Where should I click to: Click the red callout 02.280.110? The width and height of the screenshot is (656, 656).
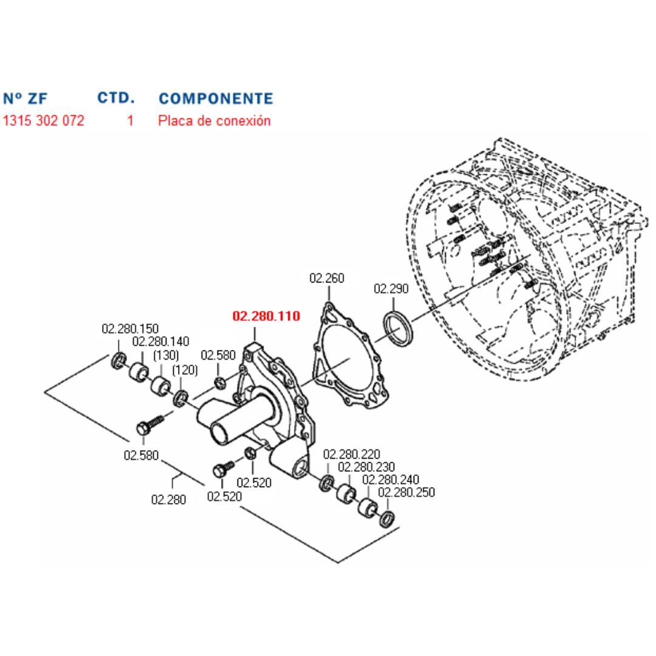tap(266, 316)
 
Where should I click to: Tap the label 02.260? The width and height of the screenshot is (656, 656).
tap(327, 279)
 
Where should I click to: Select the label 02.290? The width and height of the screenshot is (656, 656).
tap(391, 289)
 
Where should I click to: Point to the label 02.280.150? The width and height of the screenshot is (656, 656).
tap(130, 329)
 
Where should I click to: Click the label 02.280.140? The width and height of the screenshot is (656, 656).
tap(160, 342)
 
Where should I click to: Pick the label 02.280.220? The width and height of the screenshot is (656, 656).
tap(352, 454)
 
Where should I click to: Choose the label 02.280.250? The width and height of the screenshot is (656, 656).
tap(406, 492)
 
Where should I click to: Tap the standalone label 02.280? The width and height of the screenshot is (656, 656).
tap(169, 499)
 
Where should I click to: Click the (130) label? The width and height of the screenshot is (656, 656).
tap(165, 355)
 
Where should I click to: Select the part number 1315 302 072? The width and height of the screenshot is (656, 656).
tap(44, 120)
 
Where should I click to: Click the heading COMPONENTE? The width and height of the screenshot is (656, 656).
tap(216, 98)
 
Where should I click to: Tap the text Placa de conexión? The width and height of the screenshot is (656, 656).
tap(214, 120)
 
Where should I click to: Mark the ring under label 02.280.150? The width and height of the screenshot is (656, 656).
tap(118, 360)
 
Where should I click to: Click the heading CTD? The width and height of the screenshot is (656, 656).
tap(116, 98)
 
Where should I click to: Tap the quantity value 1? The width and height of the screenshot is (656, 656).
tap(130, 120)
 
